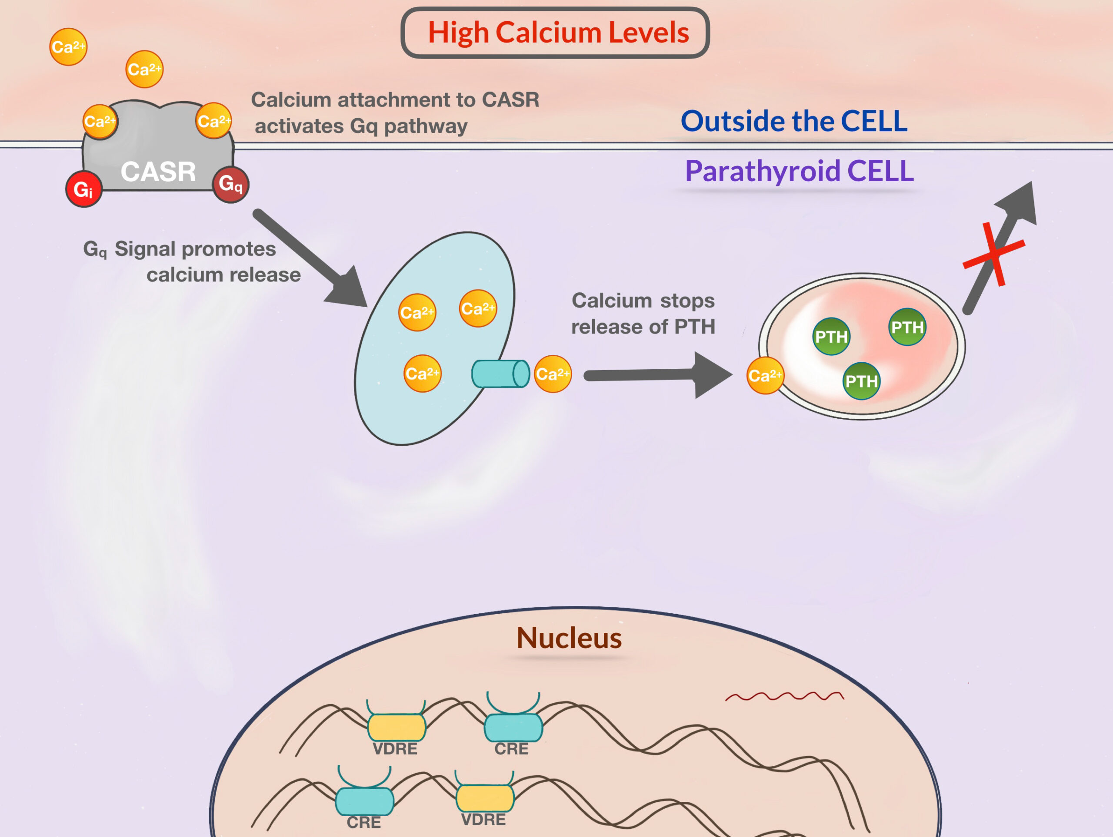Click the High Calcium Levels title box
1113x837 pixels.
point(555,33)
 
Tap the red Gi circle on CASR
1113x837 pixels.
point(84,189)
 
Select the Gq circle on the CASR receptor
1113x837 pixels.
point(231,185)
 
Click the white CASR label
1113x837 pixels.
point(158,172)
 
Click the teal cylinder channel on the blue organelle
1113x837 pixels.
point(501,374)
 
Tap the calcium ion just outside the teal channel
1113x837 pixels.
point(553,374)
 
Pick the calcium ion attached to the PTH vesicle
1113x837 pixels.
point(765,376)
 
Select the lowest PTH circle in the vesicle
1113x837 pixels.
point(861,381)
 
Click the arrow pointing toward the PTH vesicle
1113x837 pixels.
point(658,375)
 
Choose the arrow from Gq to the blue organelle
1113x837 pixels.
point(310,258)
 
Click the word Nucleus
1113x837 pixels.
point(569,638)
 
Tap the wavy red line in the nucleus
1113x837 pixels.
point(784,696)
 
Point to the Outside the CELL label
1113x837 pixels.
point(794,121)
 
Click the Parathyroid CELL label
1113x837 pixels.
point(800,171)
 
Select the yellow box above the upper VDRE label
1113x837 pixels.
point(397,727)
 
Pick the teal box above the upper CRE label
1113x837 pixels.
point(513,727)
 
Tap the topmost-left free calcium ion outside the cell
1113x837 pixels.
point(68,47)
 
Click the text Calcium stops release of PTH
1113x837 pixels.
point(643,314)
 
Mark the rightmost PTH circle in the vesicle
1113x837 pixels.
point(907,327)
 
